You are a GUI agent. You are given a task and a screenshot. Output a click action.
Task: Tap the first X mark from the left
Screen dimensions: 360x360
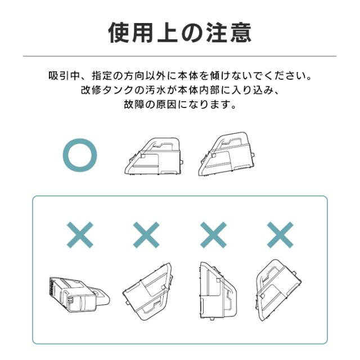pyautogui.click(x=80, y=235)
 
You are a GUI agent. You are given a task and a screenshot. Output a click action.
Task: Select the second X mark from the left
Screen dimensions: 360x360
pyautogui.click(x=146, y=235)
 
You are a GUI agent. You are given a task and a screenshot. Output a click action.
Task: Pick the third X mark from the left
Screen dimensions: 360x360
pyautogui.click(x=213, y=235)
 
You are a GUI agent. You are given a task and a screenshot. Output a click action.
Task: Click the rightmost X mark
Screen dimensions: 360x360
pyautogui.click(x=280, y=235)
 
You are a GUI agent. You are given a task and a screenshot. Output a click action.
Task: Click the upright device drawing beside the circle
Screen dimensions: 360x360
pyautogui.click(x=154, y=156)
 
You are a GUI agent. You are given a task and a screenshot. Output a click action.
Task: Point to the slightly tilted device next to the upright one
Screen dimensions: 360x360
pyautogui.click(x=226, y=154)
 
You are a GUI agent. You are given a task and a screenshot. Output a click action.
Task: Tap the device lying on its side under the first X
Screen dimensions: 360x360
pyautogui.click(x=79, y=295)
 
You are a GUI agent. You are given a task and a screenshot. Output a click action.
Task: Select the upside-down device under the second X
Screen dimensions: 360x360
pyautogui.click(x=147, y=291)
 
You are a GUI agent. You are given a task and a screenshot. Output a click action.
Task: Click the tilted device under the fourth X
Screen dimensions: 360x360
pyautogui.click(x=278, y=290)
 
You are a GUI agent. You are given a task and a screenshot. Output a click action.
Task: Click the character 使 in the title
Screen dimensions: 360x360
pyautogui.click(x=119, y=33)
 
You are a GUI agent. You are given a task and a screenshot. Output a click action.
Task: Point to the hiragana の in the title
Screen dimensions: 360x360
pyautogui.click(x=192, y=33)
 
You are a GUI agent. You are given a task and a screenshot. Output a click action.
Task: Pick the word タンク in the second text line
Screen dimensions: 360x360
pyautogui.click(x=118, y=90)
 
